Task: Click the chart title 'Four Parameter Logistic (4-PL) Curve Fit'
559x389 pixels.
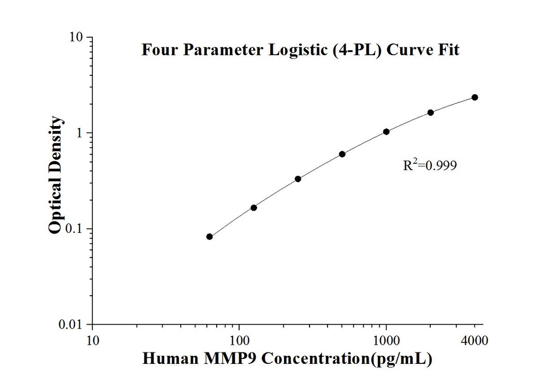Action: [300, 51]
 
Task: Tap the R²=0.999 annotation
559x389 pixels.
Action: [429, 165]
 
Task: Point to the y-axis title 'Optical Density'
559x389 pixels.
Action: [56, 175]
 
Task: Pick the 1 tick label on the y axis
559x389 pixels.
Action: [80, 133]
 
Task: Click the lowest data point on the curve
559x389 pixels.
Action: [210, 236]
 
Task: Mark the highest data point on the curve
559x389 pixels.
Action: [475, 97]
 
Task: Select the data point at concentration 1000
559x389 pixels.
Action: [386, 131]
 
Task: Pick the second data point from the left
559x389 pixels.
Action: [254, 207]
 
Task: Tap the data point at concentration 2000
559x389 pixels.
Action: [431, 112]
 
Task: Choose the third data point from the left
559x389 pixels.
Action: [298, 178]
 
